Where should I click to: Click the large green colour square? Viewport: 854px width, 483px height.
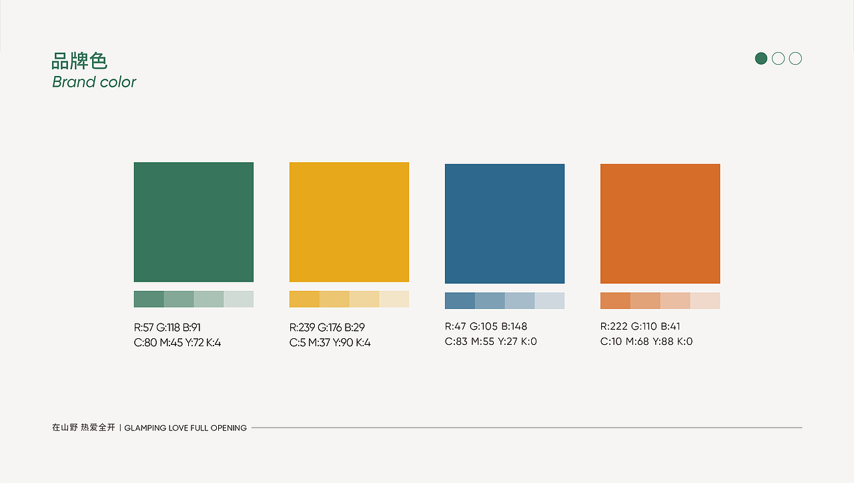tap(193, 222)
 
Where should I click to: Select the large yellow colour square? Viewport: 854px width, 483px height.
tap(349, 222)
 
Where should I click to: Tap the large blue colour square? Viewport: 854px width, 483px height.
tap(505, 223)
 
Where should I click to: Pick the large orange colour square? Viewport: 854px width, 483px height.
tap(661, 223)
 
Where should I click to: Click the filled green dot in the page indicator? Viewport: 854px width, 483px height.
tap(761, 58)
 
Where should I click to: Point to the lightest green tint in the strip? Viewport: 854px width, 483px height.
tap(239, 299)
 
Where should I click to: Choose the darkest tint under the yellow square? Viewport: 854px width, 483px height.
tap(304, 299)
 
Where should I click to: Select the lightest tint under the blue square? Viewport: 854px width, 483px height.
tap(550, 300)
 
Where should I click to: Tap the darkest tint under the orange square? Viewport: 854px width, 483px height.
tap(615, 300)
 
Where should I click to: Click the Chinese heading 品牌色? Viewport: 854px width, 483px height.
tap(79, 61)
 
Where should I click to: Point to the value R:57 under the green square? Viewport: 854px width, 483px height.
tap(143, 328)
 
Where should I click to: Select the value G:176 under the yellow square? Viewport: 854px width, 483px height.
tap(330, 328)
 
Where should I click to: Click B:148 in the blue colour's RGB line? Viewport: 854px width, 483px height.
tap(514, 326)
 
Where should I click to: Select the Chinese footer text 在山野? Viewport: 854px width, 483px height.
tap(65, 428)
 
